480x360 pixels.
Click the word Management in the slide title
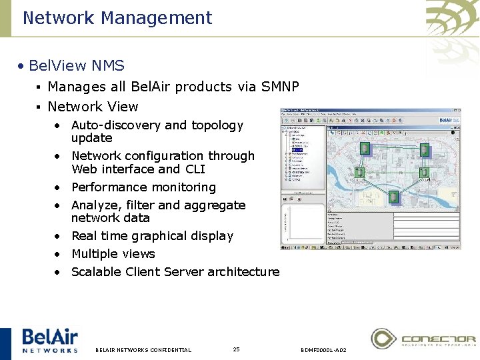(x=156, y=18)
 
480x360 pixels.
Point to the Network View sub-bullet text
(x=93, y=107)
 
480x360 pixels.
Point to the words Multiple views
(x=113, y=254)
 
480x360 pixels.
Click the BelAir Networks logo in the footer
(x=49, y=340)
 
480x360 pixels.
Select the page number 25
(x=237, y=349)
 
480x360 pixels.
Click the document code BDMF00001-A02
(x=323, y=350)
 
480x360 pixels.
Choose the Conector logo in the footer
(x=423, y=339)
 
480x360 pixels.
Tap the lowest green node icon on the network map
(x=394, y=197)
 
